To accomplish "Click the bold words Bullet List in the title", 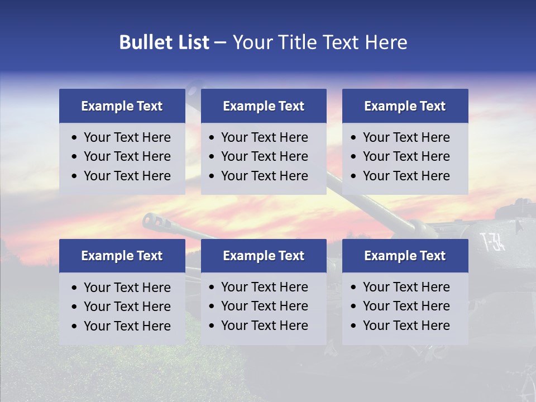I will coord(164,42).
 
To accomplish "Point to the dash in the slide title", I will coord(221,43).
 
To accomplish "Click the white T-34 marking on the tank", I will coord(492,242).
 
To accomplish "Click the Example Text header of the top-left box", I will coord(122,106).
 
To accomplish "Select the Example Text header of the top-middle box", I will coord(264,106).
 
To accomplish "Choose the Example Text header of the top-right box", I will coord(405,106).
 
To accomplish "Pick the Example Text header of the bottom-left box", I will coord(122,256).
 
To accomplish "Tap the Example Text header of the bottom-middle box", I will coord(264,256).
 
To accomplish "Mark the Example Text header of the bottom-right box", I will coord(405,256).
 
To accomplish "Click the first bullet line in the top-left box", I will coord(127,137).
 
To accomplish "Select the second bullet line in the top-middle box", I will coord(264,156).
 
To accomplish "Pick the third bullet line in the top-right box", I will coord(406,176).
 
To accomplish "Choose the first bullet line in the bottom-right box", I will coord(406,287).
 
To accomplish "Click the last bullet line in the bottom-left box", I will coord(127,326).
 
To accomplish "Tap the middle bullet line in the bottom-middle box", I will coord(264,306).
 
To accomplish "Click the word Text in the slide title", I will coord(343,42).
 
